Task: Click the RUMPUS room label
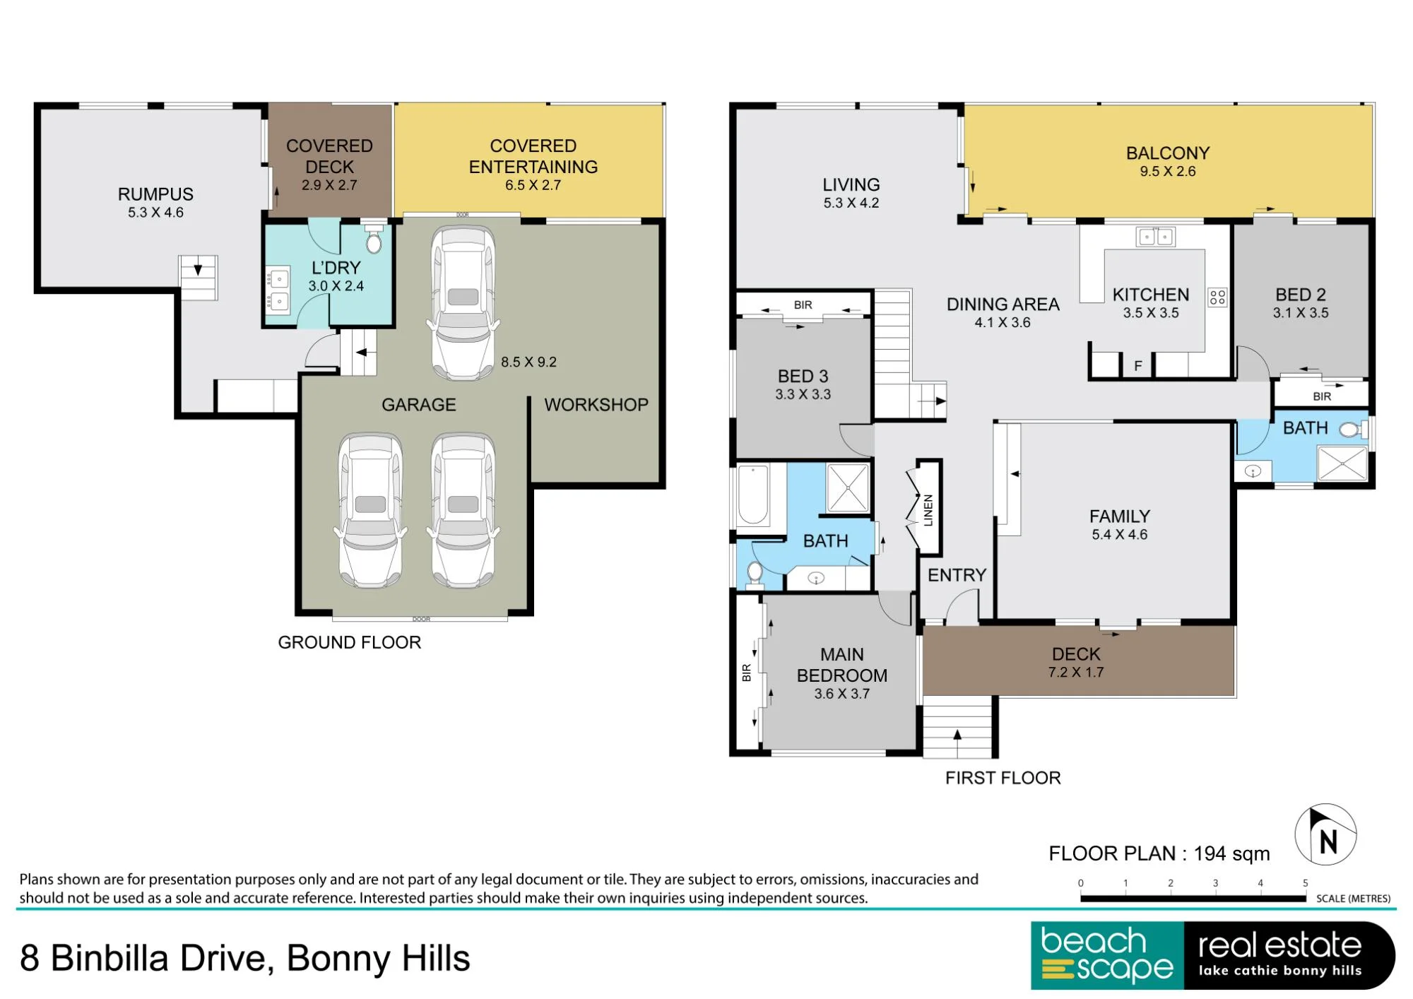pos(155,194)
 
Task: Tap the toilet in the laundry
pos(374,240)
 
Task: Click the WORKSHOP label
pos(596,405)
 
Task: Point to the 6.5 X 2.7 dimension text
pos(533,185)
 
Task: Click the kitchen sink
pos(1155,237)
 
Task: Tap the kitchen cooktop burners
pos(1217,297)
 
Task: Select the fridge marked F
pos(1137,365)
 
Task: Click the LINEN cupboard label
pos(928,510)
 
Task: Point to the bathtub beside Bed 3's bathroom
pos(754,495)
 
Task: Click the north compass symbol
pos(1325,834)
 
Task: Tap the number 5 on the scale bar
pos(1305,883)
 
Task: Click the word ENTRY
pos(957,575)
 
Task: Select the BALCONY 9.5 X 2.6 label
pos(1168,162)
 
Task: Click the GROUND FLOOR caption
pos(349,642)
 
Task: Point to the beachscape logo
pos(1107,955)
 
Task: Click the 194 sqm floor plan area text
pos(1231,853)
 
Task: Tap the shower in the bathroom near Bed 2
pos(1342,463)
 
